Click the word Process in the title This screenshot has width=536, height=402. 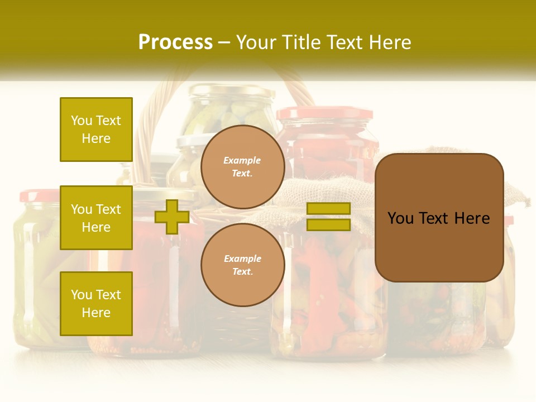175,42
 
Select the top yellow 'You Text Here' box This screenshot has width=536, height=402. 96,130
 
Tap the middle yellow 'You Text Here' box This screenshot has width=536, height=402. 96,218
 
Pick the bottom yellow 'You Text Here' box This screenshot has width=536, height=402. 96,304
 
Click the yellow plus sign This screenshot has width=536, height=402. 171,217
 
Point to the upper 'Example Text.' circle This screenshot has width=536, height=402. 242,167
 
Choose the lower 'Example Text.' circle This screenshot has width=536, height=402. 242,265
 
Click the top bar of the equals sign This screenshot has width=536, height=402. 328,209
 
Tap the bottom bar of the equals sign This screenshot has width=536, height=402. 328,225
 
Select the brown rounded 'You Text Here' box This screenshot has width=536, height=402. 439,218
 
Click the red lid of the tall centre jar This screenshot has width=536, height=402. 324,113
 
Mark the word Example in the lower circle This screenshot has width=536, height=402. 242,259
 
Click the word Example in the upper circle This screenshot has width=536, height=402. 242,160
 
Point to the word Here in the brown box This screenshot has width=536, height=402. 472,218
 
